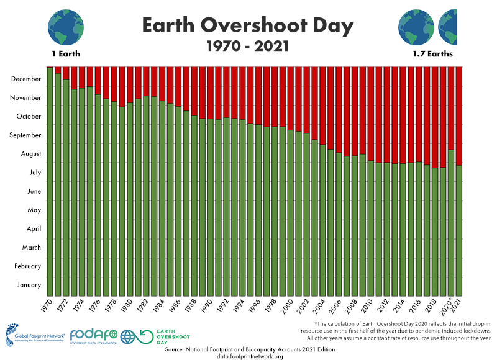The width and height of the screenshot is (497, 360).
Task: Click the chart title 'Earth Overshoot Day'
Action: tap(248, 26)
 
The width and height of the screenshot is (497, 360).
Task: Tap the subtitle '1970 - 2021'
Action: tap(248, 46)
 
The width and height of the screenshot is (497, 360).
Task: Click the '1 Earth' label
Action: tap(64, 54)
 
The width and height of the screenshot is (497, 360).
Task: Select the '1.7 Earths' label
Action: tap(432, 54)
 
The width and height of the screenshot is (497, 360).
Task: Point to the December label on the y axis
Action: tap(26, 79)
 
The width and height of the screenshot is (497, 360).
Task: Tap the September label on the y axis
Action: tap(25, 135)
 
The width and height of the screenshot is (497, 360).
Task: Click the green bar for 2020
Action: tap(451, 223)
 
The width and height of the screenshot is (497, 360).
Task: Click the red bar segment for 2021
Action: tap(459, 115)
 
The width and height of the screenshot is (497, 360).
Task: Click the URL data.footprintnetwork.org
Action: tap(250, 356)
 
